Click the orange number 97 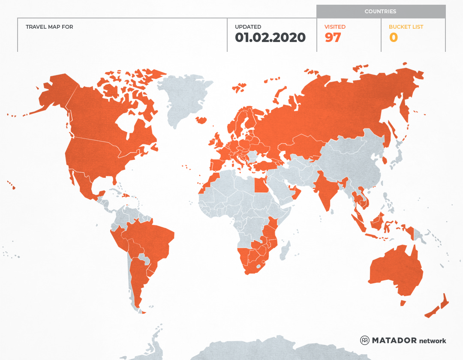point(333,38)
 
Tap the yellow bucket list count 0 point(393,38)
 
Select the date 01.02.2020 point(270,38)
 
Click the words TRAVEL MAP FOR point(49,27)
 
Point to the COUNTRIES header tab point(380,12)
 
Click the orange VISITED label point(335,27)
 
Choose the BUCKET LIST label point(406,27)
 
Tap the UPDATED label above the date point(248,27)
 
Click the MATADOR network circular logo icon point(365,340)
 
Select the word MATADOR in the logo point(394,340)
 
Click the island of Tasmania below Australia point(403,303)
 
